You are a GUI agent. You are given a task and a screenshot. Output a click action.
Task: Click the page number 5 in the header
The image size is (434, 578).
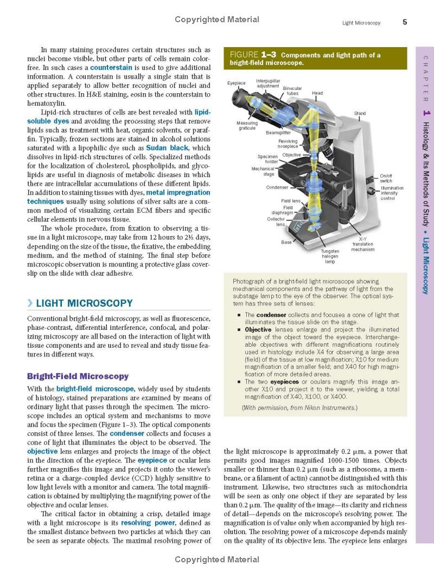coord(405,22)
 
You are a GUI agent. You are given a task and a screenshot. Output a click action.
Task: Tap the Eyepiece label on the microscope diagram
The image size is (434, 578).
coord(236,83)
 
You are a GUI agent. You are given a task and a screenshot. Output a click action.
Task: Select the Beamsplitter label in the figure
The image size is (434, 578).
coord(278,132)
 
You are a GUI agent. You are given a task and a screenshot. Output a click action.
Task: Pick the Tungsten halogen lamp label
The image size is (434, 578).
coord(330,256)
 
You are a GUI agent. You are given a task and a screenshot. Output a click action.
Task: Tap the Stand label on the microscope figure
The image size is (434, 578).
coord(360,113)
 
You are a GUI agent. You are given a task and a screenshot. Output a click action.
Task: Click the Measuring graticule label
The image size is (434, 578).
coord(247,125)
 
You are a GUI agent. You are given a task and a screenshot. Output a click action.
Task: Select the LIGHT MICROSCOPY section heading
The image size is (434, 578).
coord(84,303)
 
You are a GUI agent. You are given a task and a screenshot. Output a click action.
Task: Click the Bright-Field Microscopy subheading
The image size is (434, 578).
coord(78,376)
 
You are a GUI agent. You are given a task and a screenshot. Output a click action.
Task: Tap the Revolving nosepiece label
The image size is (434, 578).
coord(287,144)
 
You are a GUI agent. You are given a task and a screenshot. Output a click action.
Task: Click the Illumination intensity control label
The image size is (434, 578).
coord(392,193)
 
